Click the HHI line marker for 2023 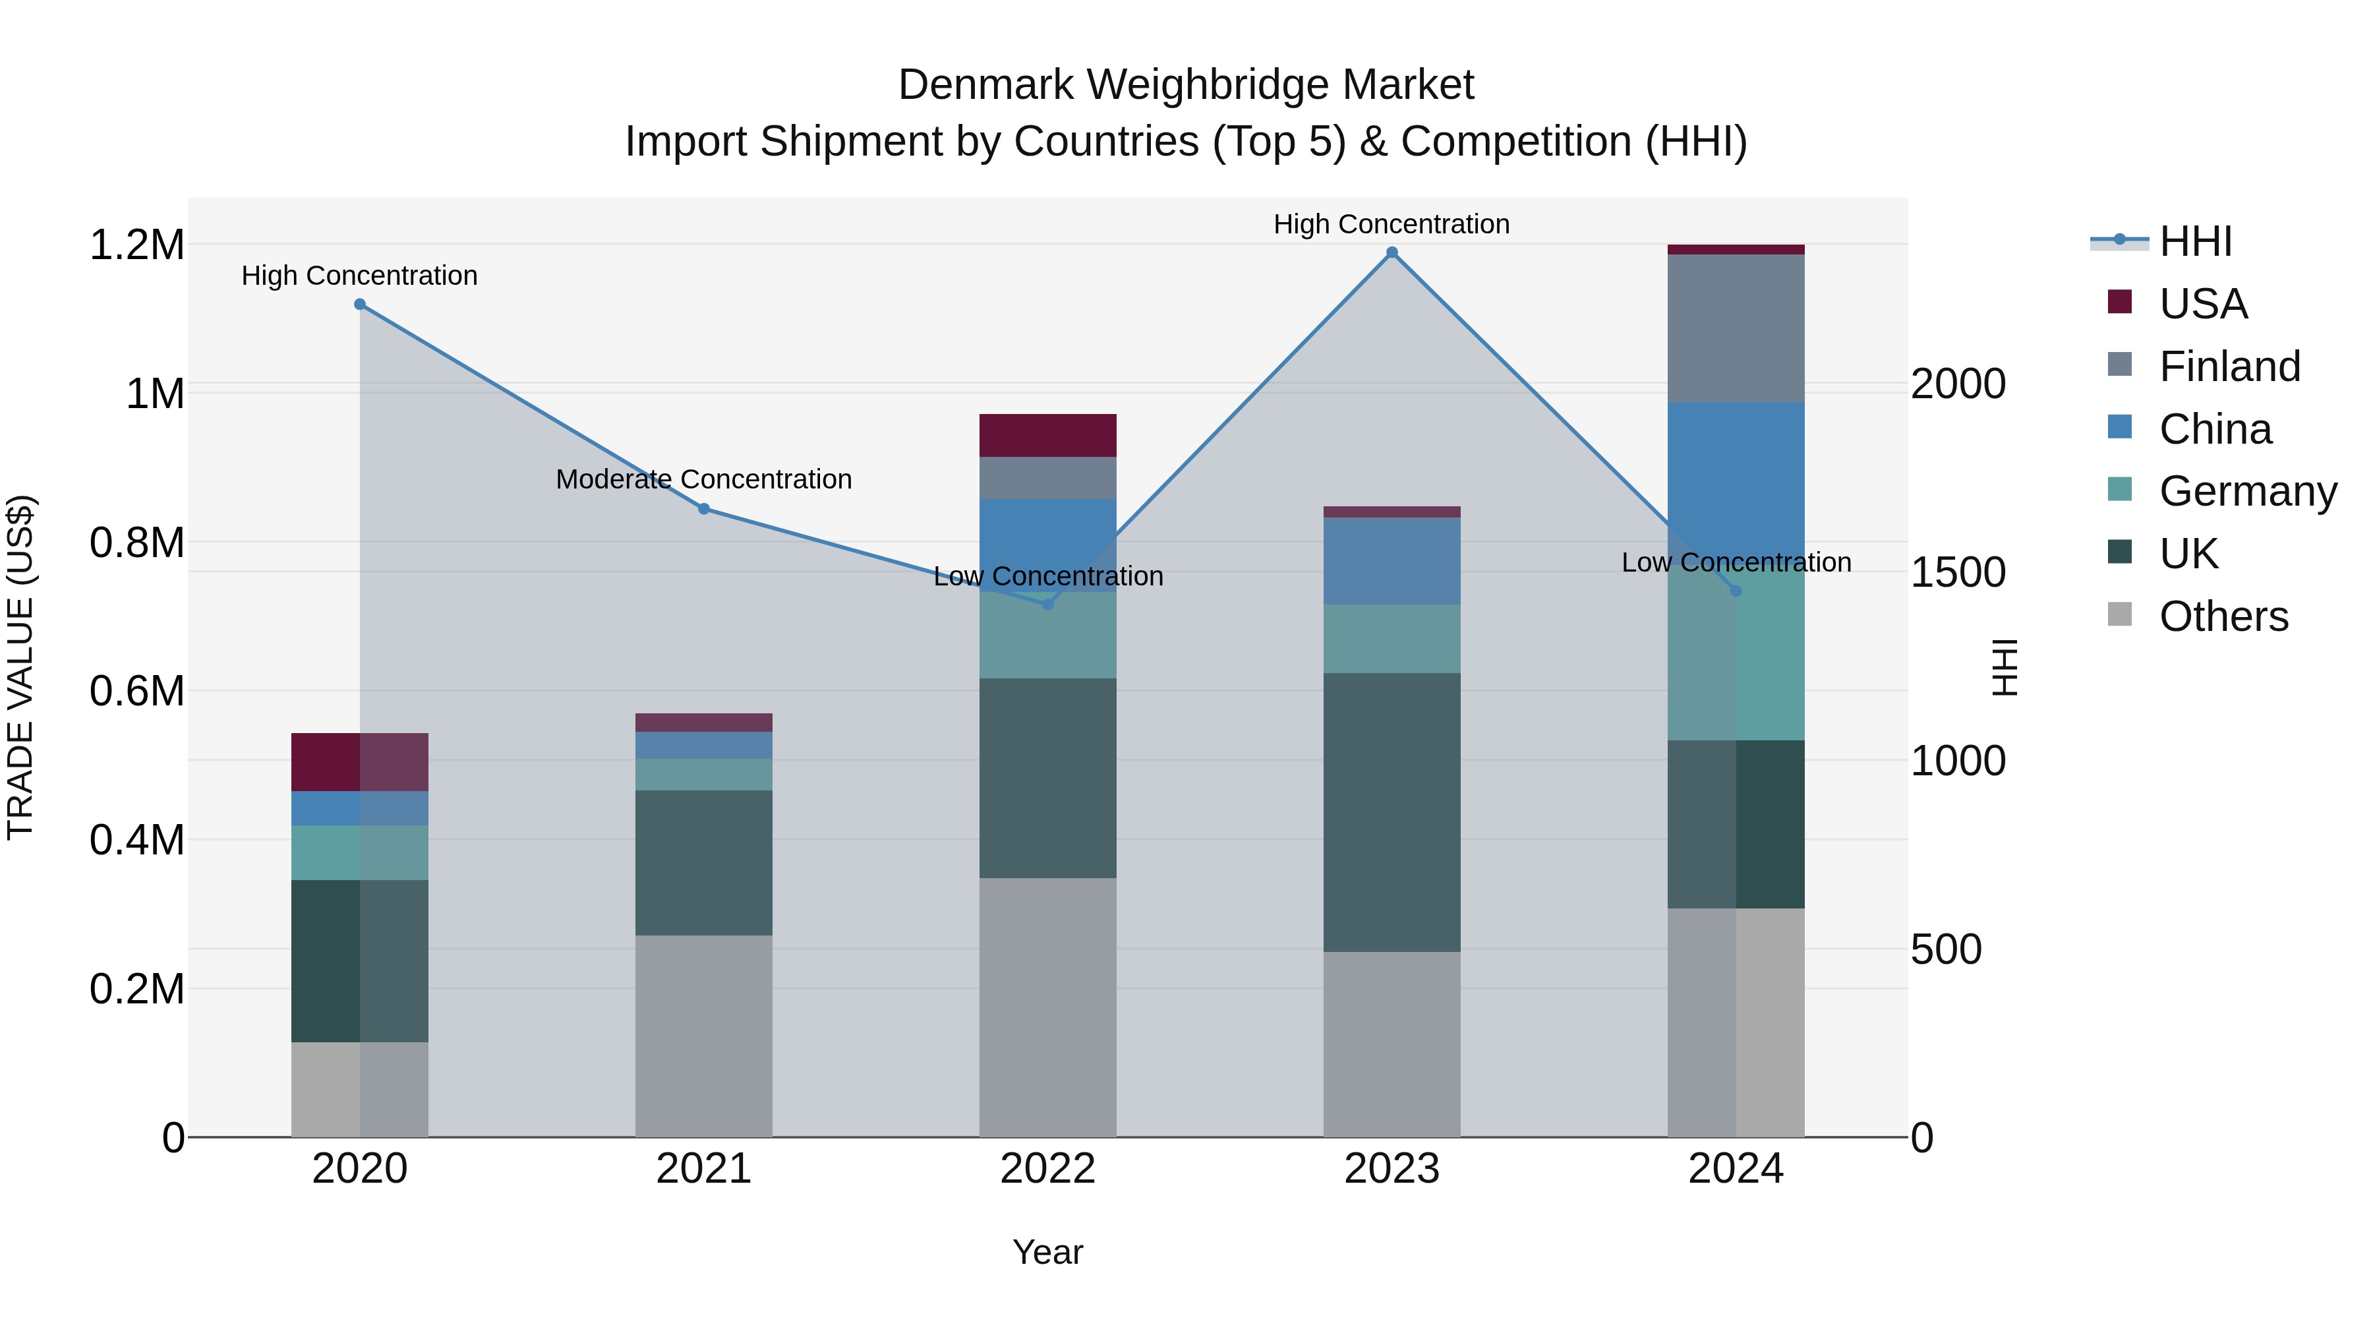point(1391,252)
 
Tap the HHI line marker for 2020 point(359,304)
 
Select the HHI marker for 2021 point(704,508)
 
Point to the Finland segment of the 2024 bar point(1736,328)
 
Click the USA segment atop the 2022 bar point(1047,435)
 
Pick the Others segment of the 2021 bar point(704,1036)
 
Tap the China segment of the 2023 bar point(1391,560)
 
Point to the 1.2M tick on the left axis point(136,245)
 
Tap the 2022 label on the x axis point(1047,1169)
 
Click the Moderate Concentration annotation point(704,479)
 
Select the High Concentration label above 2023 point(1391,224)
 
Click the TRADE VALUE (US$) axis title point(20,667)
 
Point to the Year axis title point(1047,1252)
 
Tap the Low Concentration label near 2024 point(1736,562)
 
